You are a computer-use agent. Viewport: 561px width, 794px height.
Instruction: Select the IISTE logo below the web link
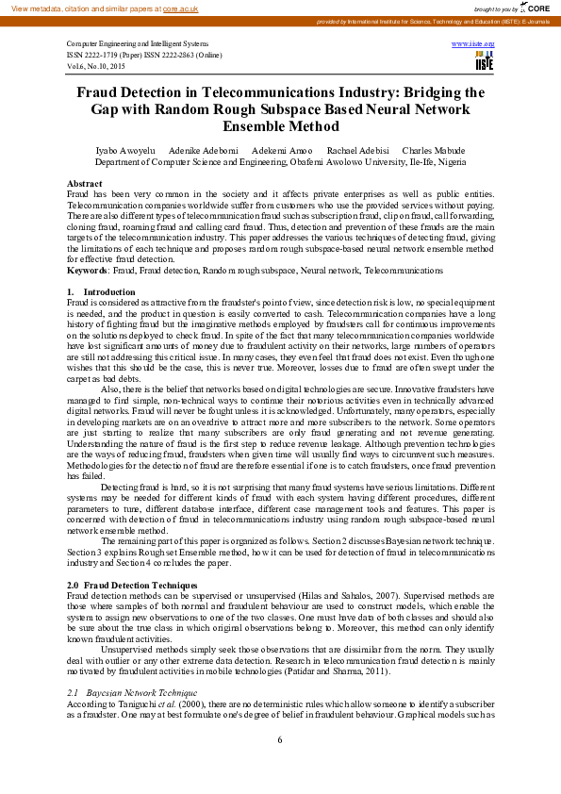pyautogui.click(x=485, y=60)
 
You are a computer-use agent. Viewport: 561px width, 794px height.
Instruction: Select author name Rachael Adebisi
pyautogui.click(x=358, y=151)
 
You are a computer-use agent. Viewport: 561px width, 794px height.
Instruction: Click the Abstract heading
pyautogui.click(x=85, y=183)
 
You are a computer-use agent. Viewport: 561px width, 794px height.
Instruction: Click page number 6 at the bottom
pyautogui.click(x=280, y=739)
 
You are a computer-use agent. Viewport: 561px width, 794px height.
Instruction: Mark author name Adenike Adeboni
pyautogui.click(x=203, y=151)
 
